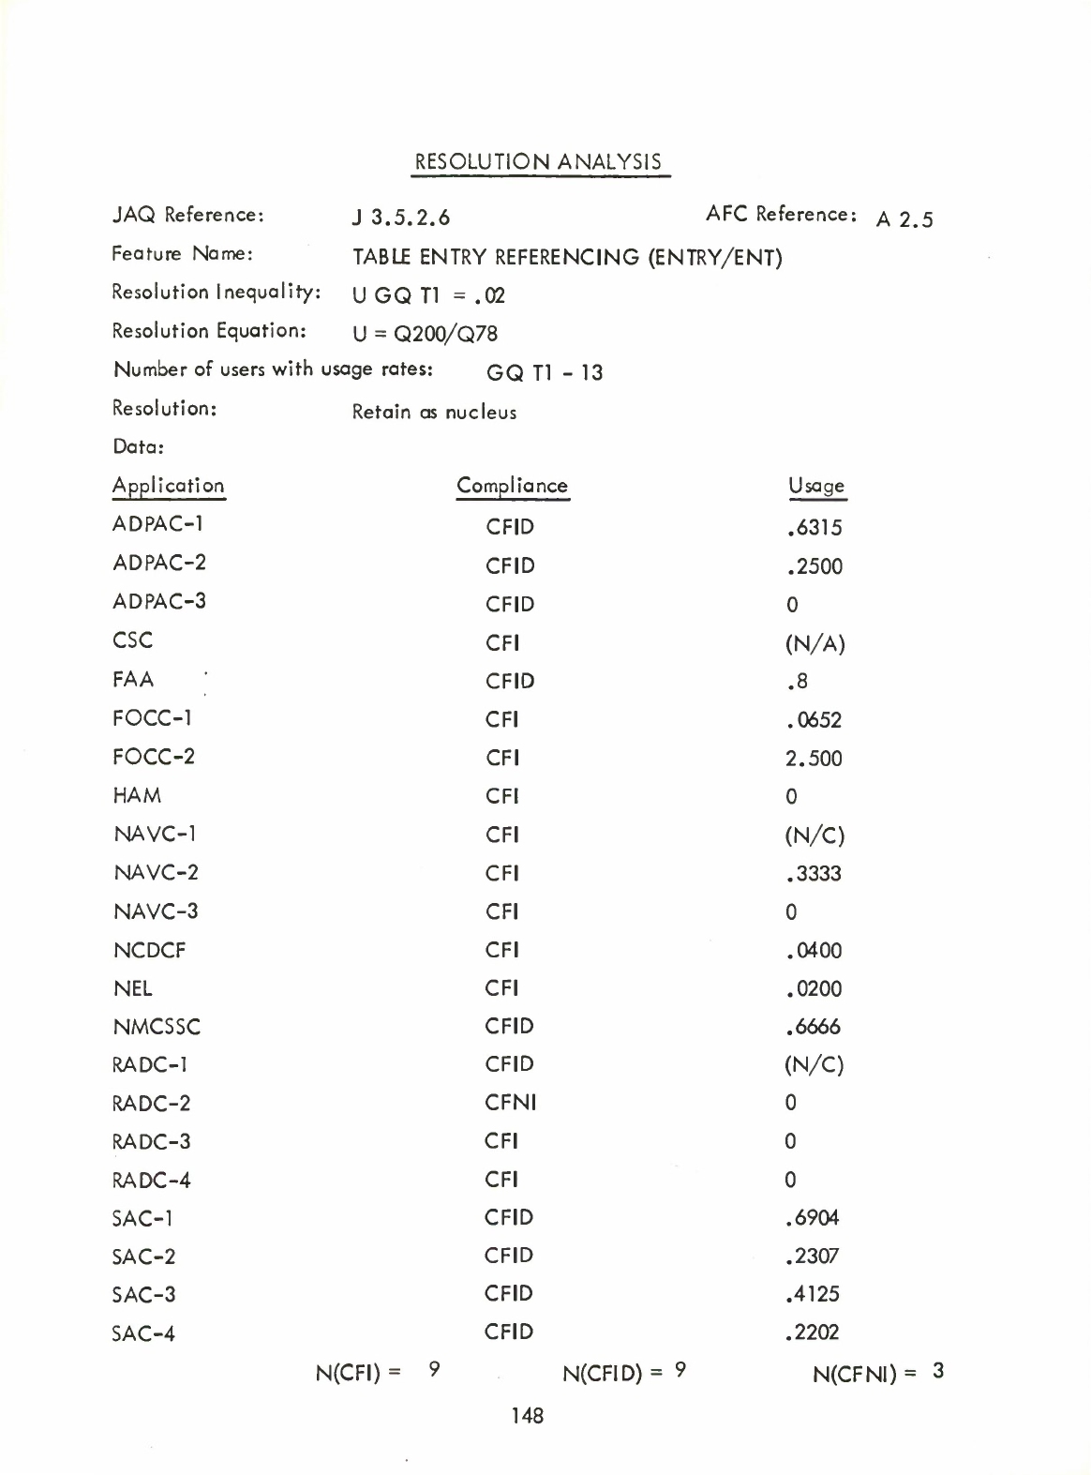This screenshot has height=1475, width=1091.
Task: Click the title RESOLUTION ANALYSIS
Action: (538, 162)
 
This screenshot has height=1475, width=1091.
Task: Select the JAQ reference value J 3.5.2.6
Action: (401, 218)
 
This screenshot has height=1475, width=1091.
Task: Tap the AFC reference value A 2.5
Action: (904, 219)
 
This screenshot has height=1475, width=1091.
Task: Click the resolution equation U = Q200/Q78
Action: (425, 334)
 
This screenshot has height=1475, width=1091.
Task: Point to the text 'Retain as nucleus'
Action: (434, 413)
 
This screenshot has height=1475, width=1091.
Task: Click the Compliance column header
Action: (512, 486)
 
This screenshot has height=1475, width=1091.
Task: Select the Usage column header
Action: (816, 486)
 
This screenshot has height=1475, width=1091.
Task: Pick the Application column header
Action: (169, 486)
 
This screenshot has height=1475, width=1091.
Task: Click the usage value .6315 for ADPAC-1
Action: (815, 528)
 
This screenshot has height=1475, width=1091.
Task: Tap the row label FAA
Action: (133, 679)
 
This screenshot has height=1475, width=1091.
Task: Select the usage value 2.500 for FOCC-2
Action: (814, 759)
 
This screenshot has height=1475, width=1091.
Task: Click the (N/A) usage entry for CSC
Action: (815, 644)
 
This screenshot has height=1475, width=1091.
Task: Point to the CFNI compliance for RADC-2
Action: (510, 1103)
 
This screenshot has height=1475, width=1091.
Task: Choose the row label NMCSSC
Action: (157, 1027)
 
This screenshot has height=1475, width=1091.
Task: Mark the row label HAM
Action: (137, 796)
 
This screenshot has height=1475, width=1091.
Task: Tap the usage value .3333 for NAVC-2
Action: (815, 874)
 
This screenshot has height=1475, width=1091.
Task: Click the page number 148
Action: (528, 1415)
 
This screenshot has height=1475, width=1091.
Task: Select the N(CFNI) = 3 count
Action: (878, 1374)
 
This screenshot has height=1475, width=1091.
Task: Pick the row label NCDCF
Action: (149, 951)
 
